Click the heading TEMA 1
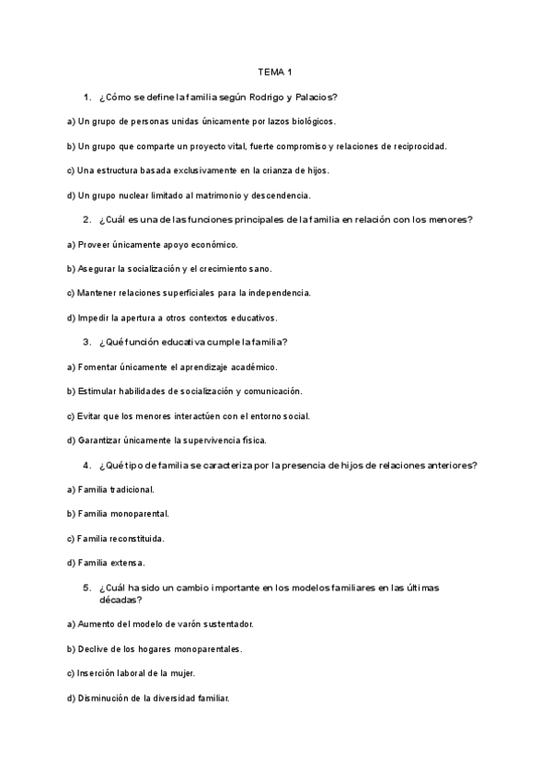tap(275, 71)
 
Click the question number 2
tap(86, 219)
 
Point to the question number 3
tap(86, 342)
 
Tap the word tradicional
tap(133, 489)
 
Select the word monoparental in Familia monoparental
tap(139, 513)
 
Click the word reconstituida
tap(138, 538)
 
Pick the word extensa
tap(128, 563)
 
